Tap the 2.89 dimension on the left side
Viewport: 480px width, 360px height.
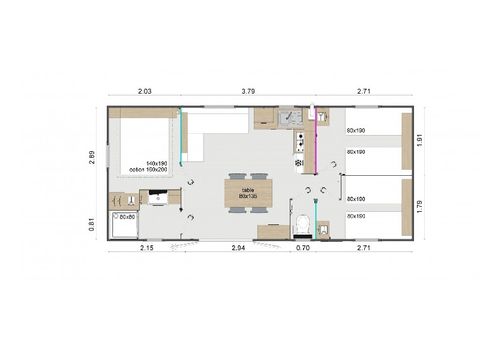pyautogui.click(x=92, y=158)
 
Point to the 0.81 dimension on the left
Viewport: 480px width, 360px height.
pyautogui.click(x=92, y=225)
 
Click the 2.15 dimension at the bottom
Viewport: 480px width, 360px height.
pyautogui.click(x=146, y=246)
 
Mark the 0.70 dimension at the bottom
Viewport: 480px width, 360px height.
pyautogui.click(x=304, y=246)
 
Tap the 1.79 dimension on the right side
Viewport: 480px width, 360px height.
pyautogui.click(x=421, y=207)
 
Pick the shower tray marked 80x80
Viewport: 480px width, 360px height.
pyautogui.click(x=125, y=222)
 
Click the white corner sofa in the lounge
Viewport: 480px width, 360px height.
pyautogui.click(x=208, y=135)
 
